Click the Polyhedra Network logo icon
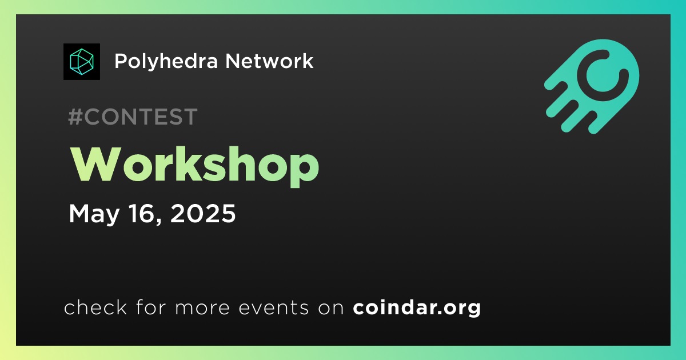81,62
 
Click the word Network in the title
269,61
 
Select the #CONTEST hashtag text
133,117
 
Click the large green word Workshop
195,166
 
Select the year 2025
203,213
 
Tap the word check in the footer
95,307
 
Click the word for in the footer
151,307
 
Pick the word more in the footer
202,308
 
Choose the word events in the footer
273,307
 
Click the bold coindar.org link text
417,307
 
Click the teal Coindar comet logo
592,86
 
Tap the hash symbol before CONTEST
75,117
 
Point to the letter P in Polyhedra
121,61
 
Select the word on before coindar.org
331,308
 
